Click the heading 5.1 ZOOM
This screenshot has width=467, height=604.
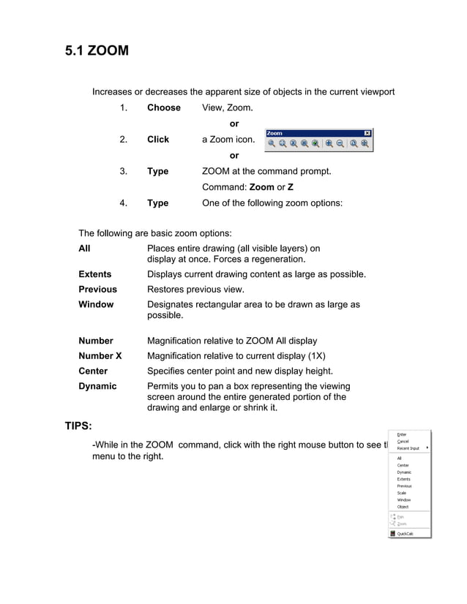click(97, 50)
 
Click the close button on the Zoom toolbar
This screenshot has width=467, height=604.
click(367, 133)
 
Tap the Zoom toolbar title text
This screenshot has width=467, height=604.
click(275, 133)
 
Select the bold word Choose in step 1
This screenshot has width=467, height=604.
click(163, 107)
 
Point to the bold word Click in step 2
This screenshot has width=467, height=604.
click(157, 139)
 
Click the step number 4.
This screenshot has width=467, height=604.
click(124, 203)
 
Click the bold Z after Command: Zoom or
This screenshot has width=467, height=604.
click(291, 187)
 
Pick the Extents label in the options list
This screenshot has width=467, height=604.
click(94, 274)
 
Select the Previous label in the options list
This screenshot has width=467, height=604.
click(97, 289)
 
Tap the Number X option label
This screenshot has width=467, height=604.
click(100, 355)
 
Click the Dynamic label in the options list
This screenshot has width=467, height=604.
click(97, 385)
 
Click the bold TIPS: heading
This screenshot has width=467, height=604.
click(78, 426)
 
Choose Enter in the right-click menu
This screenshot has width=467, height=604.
click(402, 434)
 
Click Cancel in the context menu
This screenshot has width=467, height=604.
click(403, 442)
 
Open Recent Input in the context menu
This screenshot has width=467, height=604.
click(408, 448)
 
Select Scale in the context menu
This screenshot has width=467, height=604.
click(403, 493)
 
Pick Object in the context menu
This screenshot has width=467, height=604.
click(403, 507)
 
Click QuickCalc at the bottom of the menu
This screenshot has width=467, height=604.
click(406, 534)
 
